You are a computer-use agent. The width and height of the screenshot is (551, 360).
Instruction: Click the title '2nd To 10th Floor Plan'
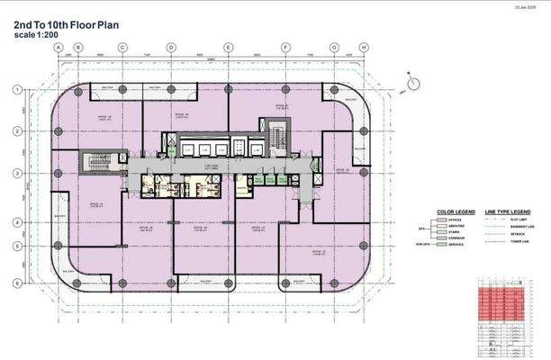click(x=56, y=25)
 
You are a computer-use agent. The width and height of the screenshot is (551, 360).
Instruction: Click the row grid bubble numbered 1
click(x=15, y=89)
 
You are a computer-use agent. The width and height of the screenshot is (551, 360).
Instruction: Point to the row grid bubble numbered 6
click(x=15, y=283)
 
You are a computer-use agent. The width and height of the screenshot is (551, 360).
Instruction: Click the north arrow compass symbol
click(x=412, y=83)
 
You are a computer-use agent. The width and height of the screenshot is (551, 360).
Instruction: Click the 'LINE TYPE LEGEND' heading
click(x=507, y=212)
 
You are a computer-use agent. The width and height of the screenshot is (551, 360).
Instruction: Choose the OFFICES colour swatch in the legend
click(x=441, y=221)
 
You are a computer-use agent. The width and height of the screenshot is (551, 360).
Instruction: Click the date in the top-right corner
click(x=525, y=7)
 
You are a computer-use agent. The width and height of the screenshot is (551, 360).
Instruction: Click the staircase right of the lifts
click(x=276, y=140)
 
